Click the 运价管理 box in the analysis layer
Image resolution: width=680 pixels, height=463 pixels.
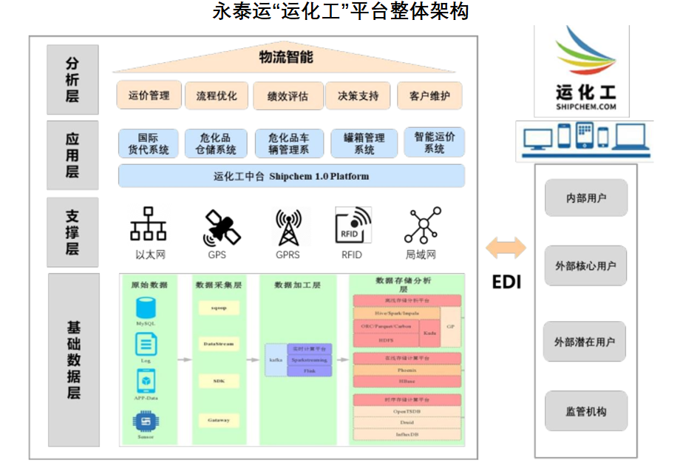pyautogui.click(x=149, y=95)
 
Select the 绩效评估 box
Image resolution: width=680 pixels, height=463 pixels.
pyautogui.click(x=288, y=96)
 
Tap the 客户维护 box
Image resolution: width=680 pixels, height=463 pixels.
pyautogui.click(x=429, y=96)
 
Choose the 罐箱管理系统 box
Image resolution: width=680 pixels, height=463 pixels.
pyautogui.click(x=364, y=143)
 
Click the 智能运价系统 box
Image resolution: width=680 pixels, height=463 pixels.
pyautogui.click(x=434, y=143)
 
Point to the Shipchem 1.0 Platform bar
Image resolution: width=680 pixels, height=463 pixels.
pyautogui.click(x=291, y=176)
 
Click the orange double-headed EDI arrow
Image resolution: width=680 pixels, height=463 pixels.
pyautogui.click(x=506, y=248)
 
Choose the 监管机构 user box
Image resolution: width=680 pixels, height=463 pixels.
pyautogui.click(x=585, y=411)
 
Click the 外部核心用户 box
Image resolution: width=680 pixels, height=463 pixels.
pyautogui.click(x=585, y=266)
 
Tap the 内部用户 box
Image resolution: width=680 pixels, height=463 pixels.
pyautogui.click(x=585, y=198)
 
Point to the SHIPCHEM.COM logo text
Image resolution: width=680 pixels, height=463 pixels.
pyautogui.click(x=585, y=107)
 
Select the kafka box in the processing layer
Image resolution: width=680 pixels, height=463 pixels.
pyautogui.click(x=275, y=359)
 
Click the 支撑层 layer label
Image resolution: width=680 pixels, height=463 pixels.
pyautogui.click(x=72, y=231)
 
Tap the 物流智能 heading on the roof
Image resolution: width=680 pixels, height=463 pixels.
pyautogui.click(x=286, y=57)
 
